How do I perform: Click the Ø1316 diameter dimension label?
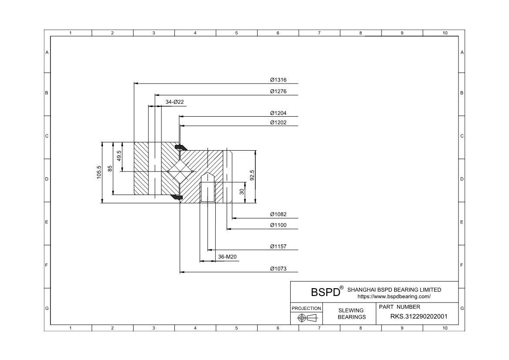[278, 80]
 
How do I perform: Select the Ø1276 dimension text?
[278, 91]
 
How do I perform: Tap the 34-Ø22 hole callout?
[174, 102]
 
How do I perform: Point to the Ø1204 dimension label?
[278, 113]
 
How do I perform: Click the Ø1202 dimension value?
[278, 123]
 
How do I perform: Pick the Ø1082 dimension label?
[278, 214]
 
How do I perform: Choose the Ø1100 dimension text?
[278, 225]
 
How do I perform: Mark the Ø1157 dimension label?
[278, 246]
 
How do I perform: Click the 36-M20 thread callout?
[227, 257]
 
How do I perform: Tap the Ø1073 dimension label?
[278, 269]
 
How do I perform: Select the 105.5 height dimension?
[99, 172]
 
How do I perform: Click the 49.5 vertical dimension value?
[119, 156]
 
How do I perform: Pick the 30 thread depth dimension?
[242, 192]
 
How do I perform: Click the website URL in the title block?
[394, 296]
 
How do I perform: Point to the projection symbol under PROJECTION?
[306, 318]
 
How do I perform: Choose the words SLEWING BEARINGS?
[352, 313]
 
